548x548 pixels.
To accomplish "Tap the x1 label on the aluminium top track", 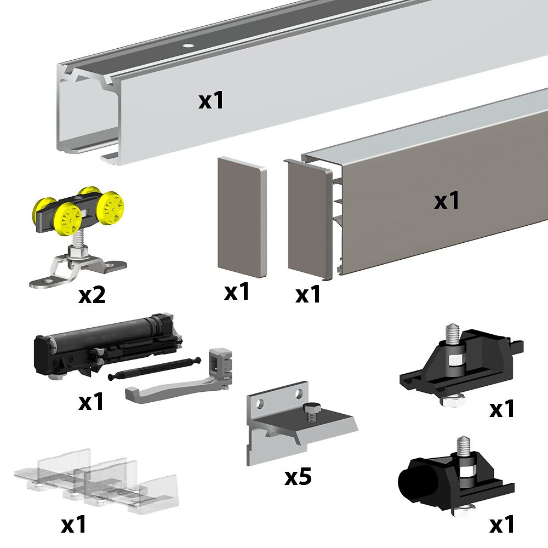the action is click(211, 100).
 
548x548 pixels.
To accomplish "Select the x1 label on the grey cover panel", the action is click(447, 201).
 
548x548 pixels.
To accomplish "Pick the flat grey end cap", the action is click(242, 218).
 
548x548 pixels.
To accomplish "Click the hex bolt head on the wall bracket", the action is click(310, 408).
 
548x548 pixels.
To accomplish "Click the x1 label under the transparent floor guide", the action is click(74, 524).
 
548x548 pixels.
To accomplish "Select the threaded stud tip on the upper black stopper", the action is click(452, 328).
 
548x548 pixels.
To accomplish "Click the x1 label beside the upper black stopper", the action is click(502, 408).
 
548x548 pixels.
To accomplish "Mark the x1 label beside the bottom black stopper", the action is click(502, 524).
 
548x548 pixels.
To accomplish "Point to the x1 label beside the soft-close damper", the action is click(92, 401).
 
